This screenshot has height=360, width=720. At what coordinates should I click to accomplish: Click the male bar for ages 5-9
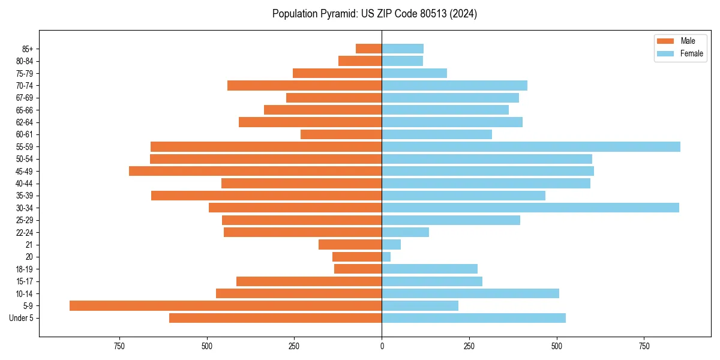point(226,305)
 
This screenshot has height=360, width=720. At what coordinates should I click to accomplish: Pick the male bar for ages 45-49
point(256,171)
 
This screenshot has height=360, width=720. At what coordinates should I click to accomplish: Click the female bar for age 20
point(386,257)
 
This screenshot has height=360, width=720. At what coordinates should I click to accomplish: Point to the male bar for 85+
point(369,49)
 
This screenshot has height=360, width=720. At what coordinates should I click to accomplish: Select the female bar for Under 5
point(474,318)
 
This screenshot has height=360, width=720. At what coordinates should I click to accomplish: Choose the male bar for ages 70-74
point(305,85)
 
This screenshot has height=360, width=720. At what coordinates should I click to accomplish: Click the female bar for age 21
point(391,244)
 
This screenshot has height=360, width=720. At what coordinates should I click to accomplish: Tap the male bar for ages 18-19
point(358,269)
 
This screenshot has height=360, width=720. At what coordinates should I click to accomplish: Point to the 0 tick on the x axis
point(382,347)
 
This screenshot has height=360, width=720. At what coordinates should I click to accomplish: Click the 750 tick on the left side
point(119,347)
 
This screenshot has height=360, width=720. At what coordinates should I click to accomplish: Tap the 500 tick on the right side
point(557,347)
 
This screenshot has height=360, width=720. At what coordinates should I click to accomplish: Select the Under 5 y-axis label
point(21,318)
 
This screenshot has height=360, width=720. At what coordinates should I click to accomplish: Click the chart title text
point(374,14)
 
